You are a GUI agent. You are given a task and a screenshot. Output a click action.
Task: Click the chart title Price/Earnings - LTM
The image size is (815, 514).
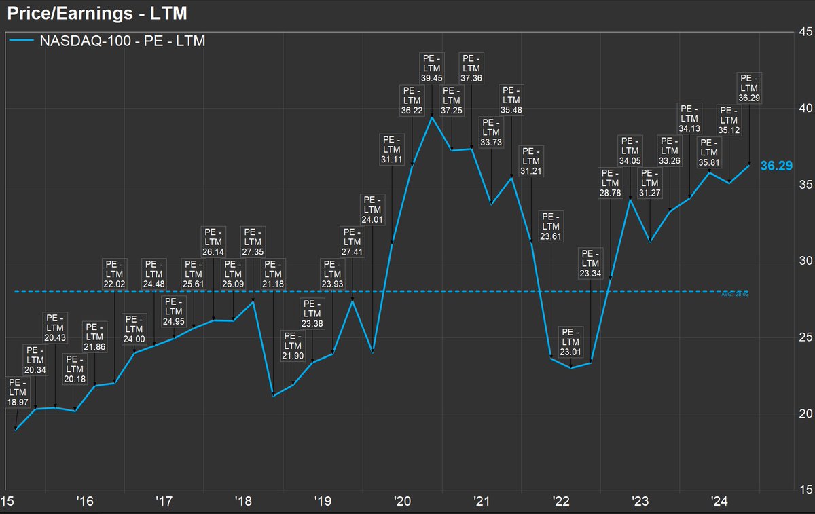coord(97,12)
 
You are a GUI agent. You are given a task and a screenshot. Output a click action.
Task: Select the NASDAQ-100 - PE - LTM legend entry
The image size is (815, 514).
coord(109,41)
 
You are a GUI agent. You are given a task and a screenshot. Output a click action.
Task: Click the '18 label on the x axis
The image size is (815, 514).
coord(244,502)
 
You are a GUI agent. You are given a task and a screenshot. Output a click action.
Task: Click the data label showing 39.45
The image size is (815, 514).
coord(431,69)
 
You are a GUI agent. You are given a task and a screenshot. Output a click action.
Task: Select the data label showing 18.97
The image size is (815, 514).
coord(17,393)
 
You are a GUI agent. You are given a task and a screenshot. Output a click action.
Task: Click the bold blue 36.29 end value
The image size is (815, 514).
coord(777,165)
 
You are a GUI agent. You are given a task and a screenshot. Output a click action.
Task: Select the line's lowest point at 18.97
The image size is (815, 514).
coord(15,430)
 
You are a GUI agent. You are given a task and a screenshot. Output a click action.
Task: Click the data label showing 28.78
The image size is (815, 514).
coord(610,183)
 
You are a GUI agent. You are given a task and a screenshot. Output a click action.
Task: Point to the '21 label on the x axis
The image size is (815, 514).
coord(482,502)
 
